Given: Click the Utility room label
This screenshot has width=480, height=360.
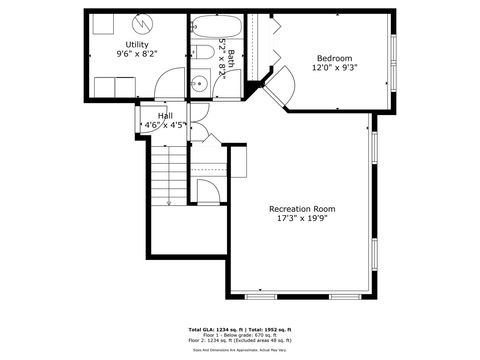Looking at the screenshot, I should point(137,45).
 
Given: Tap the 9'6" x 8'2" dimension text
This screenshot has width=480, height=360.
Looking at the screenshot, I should point(137,54).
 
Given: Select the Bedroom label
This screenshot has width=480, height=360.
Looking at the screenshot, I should point(334,59).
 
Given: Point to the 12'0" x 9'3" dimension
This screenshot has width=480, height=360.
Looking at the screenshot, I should point(334,68).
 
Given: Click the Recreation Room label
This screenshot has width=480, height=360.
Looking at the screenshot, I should point(302,209).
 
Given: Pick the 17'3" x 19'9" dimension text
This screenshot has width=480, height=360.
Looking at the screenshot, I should point(302,218).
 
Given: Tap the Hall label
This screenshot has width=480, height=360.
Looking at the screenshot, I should point(165,116).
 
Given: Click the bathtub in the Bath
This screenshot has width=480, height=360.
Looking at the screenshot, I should point(217,27).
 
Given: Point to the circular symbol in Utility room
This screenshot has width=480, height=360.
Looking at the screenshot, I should point(142,24).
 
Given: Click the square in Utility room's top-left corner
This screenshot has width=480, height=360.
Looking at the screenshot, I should point(103,24).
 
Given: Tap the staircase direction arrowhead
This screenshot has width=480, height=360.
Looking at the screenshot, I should point(169,203).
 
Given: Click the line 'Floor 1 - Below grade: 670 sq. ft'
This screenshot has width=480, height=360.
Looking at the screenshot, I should point(240,335).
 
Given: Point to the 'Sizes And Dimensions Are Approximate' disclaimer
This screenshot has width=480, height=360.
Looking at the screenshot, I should point(240,350).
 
